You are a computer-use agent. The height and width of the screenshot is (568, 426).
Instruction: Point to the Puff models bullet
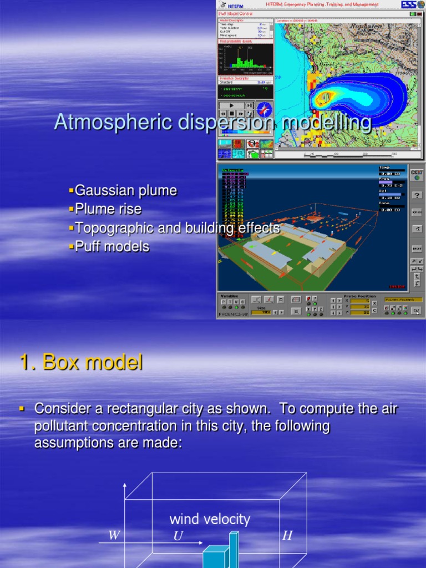(111, 246)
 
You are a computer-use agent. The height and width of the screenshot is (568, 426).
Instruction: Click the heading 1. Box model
(81, 363)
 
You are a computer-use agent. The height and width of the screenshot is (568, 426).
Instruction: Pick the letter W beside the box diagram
(114, 535)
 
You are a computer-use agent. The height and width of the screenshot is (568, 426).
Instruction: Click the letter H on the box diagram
(287, 535)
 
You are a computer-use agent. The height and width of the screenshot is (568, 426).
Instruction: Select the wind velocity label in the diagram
(210, 520)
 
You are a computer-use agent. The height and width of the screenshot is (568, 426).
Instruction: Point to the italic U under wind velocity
(177, 536)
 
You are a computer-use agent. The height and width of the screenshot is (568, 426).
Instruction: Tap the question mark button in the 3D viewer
(416, 195)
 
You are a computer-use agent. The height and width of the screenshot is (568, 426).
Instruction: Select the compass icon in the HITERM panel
(264, 109)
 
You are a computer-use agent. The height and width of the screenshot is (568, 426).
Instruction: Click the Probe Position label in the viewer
(359, 296)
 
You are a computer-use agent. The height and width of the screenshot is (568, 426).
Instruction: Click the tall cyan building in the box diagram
(234, 549)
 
